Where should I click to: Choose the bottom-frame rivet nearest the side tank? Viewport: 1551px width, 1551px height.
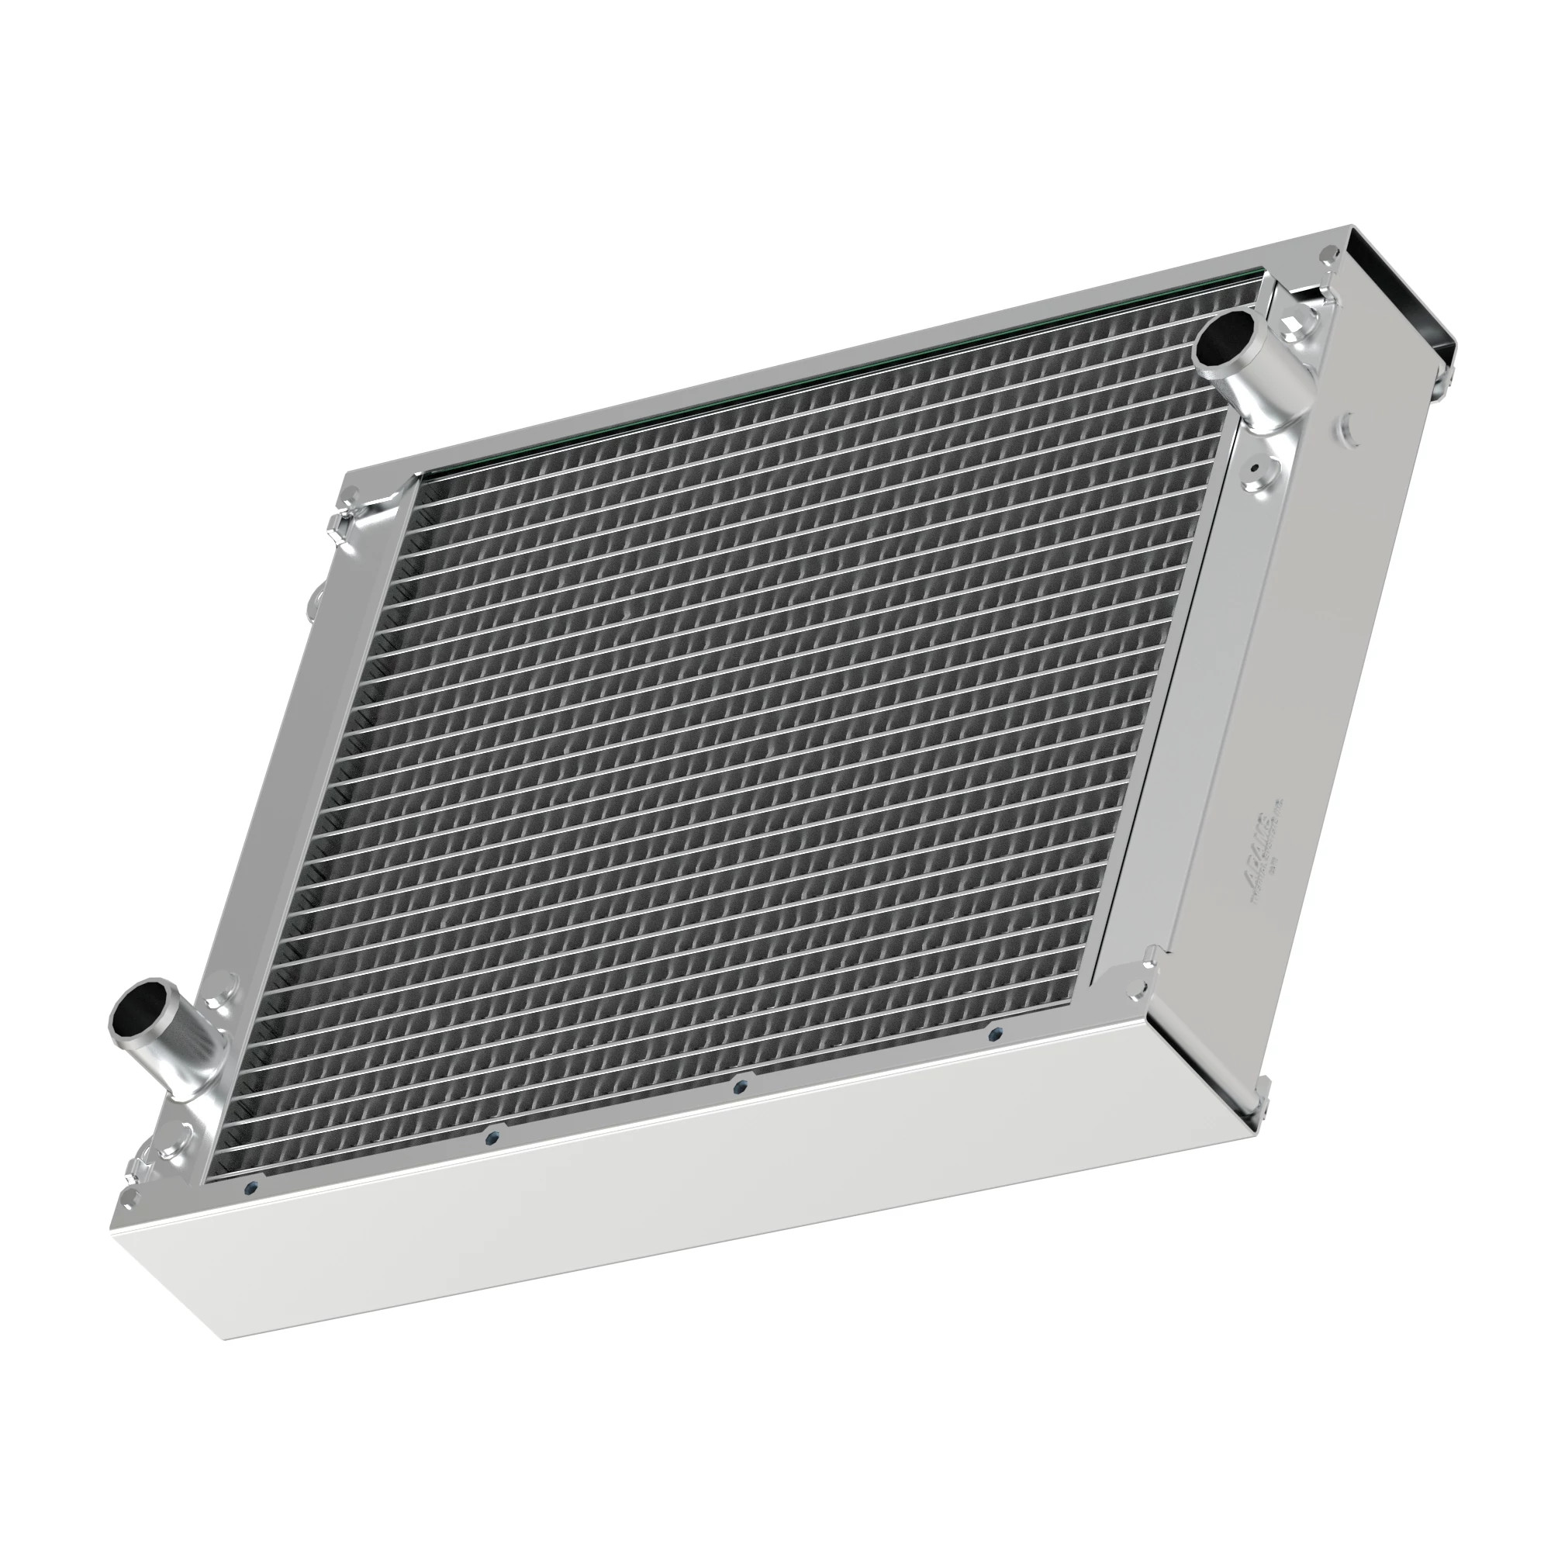click(997, 1033)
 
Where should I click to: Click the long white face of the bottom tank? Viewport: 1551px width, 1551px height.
click(642, 1260)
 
